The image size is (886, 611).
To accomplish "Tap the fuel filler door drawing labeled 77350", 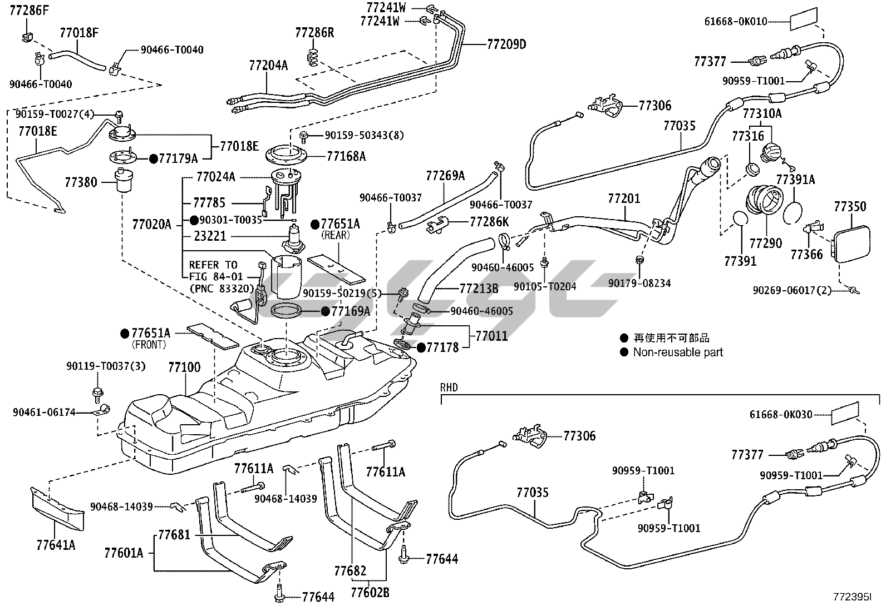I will [851, 240].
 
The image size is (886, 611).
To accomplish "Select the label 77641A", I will [56, 545].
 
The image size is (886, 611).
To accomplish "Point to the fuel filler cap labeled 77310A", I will [774, 152].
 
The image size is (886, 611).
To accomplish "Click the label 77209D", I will [506, 44].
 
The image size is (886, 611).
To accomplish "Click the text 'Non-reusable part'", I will [678, 352].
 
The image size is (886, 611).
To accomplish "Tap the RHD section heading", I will [449, 388].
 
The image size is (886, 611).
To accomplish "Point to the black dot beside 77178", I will [421, 348].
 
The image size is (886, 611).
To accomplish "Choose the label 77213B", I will [479, 289].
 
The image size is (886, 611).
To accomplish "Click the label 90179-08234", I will [639, 283].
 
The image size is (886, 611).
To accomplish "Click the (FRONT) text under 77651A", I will [149, 345].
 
